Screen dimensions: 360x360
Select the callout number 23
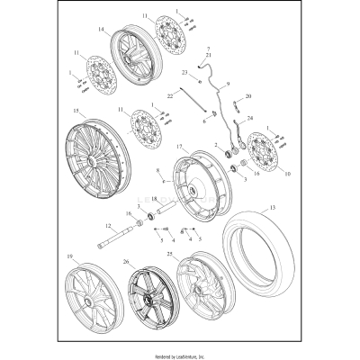pyautogui.click(x=183, y=71)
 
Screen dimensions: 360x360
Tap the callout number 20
pyautogui.click(x=248, y=95)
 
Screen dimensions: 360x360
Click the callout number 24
pyautogui.click(x=249, y=118)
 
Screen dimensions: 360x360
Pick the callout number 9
pyautogui.click(x=228, y=83)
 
